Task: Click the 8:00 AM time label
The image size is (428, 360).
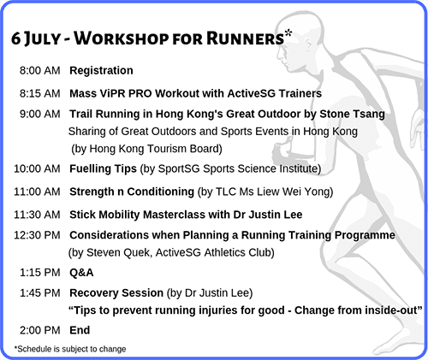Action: [x=40, y=70]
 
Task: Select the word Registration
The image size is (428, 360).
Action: [x=101, y=71]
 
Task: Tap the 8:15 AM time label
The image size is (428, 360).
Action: [x=40, y=93]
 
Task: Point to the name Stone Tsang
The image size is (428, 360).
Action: [x=352, y=115]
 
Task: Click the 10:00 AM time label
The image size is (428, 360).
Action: [x=37, y=168]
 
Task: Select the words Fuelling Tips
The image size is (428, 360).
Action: [x=103, y=168]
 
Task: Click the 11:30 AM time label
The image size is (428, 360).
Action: [x=37, y=215]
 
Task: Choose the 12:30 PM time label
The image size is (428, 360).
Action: [x=37, y=235]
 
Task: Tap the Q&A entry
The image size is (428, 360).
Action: [x=81, y=273]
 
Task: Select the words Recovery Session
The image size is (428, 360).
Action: [x=116, y=293]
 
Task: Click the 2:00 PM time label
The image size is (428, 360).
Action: [x=40, y=330]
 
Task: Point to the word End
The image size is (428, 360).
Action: [x=80, y=330]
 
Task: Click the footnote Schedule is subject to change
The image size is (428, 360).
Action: [x=70, y=349]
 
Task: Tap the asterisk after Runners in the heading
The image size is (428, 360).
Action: [x=288, y=33]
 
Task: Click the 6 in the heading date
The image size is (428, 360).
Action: [x=15, y=38]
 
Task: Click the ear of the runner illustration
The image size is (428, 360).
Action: [x=309, y=44]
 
